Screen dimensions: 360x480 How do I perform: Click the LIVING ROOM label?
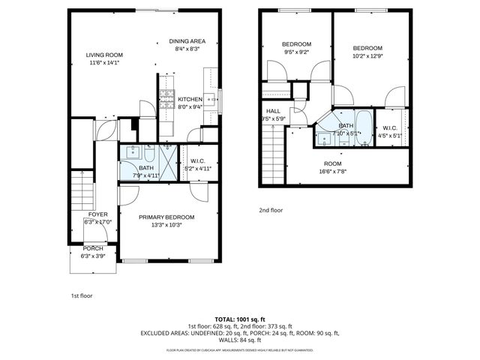click(x=103, y=55)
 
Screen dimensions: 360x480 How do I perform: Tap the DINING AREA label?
click(x=187, y=41)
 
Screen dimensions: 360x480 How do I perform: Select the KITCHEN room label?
click(x=189, y=99)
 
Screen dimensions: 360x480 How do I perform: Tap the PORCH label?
click(x=93, y=248)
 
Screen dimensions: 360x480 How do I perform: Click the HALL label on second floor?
click(x=273, y=111)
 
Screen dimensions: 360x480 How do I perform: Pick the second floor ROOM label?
click(x=332, y=163)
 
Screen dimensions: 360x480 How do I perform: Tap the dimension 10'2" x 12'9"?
click(x=367, y=55)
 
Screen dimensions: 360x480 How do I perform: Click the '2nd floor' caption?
click(x=271, y=211)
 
